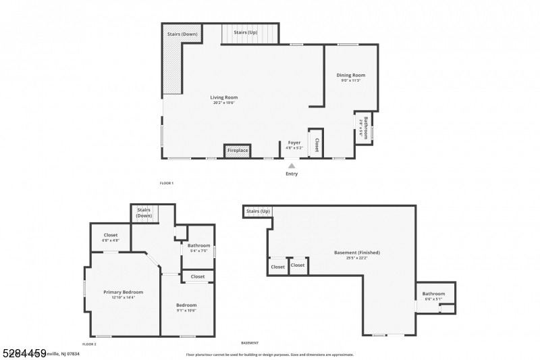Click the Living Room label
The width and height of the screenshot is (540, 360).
pos(225,98)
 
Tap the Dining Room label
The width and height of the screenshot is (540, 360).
pos(350,75)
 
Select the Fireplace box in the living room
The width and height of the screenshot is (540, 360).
pos(237,150)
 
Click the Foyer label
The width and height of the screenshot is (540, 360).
pos(294,143)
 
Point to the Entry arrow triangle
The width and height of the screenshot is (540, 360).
pos(291,165)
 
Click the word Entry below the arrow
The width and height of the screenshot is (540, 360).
pos(291,174)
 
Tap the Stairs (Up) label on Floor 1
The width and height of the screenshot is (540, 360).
pos(245,32)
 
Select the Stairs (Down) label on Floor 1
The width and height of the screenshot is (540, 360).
pos(182,34)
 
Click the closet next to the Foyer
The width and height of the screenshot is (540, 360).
pos(316,144)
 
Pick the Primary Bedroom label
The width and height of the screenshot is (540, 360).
pos(123,292)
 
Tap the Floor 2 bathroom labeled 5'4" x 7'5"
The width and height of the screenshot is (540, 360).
pos(198,246)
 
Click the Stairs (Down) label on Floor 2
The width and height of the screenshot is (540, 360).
pos(144,213)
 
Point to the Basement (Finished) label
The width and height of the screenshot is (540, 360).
pos(357,253)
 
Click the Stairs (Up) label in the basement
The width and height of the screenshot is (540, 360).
pos(258,211)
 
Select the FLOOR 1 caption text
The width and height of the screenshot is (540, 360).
pos(166,184)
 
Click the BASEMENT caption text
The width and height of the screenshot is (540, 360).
pos(250,343)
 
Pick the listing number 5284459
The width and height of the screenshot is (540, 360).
pos(23,353)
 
